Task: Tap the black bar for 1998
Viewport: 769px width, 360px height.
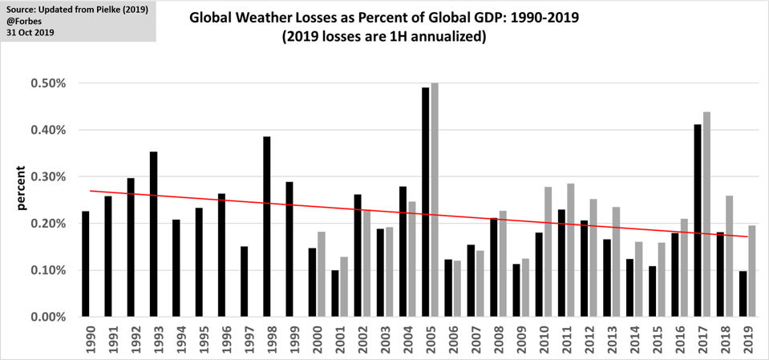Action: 267,226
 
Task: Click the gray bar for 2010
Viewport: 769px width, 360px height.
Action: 548,252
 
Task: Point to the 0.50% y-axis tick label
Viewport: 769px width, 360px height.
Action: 49,83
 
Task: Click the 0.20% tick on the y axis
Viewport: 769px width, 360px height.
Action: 49,224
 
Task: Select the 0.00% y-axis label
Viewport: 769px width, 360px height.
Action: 49,317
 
